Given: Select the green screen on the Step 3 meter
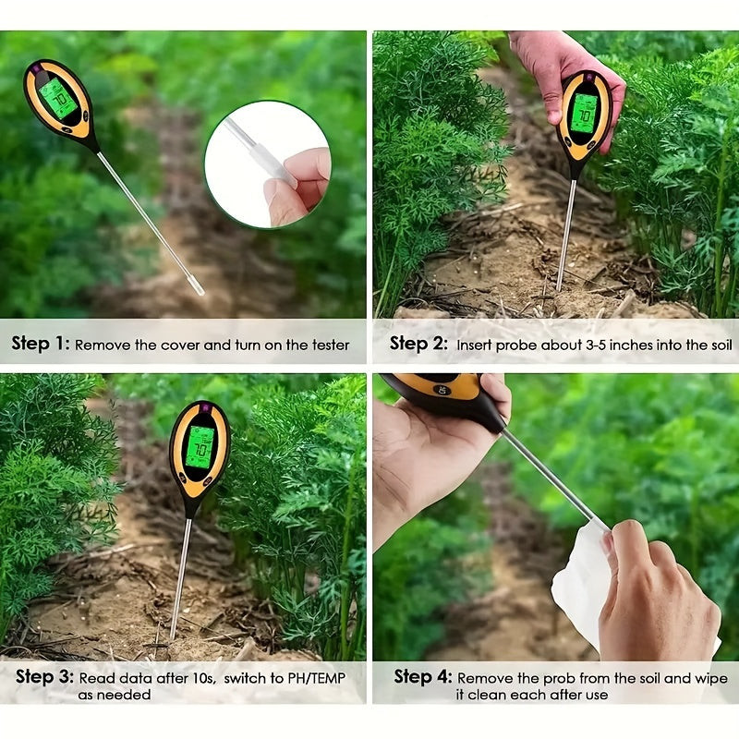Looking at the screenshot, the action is point(200,447).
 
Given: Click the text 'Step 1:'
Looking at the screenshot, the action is point(41,344).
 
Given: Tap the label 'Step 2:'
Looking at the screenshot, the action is point(418,344).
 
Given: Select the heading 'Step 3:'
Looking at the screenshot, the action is point(44,677).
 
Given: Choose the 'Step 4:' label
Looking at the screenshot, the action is point(423,677).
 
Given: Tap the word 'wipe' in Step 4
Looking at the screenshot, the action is point(711,679).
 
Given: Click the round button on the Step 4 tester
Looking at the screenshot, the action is point(442,390).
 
